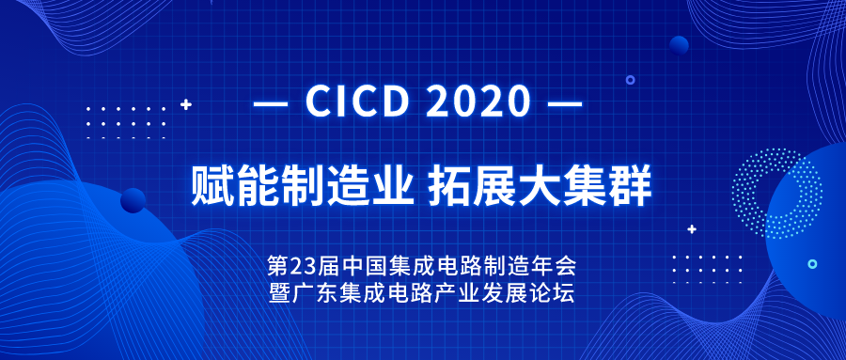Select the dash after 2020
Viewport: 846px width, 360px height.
point(564,102)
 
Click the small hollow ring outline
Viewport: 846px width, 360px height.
point(631,81)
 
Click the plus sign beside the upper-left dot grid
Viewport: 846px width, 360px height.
point(186,103)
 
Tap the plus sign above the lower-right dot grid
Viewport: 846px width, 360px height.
point(692,228)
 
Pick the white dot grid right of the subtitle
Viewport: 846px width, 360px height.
point(706,268)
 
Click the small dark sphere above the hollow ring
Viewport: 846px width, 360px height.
point(679,44)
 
